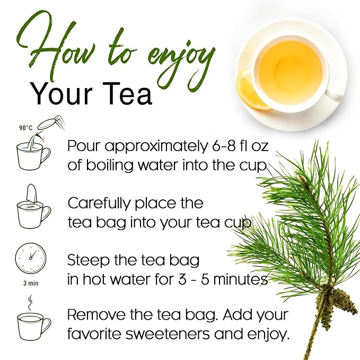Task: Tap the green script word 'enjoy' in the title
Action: point(175,53)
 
